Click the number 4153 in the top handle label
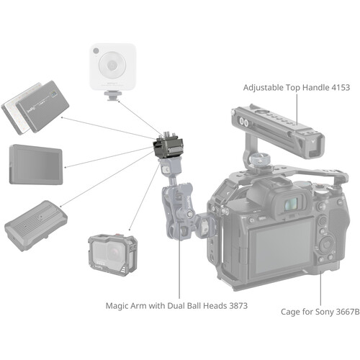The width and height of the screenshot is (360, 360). click(x=341, y=87)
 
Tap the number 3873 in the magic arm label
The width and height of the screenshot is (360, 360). click(x=238, y=306)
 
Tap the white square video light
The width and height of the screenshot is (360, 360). click(x=113, y=67)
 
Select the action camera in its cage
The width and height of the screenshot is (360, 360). click(x=113, y=255)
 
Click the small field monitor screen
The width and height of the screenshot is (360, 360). click(x=36, y=165)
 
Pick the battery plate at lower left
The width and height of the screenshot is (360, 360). click(x=35, y=226)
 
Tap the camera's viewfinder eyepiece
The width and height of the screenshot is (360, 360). click(x=292, y=204)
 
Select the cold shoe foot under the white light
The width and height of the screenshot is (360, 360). click(x=113, y=96)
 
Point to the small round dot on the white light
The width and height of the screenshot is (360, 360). click(x=96, y=51)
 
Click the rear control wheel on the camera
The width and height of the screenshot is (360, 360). click(x=326, y=244)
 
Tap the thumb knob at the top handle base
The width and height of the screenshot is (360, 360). click(x=260, y=160)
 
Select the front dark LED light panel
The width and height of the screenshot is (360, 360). click(x=42, y=107)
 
